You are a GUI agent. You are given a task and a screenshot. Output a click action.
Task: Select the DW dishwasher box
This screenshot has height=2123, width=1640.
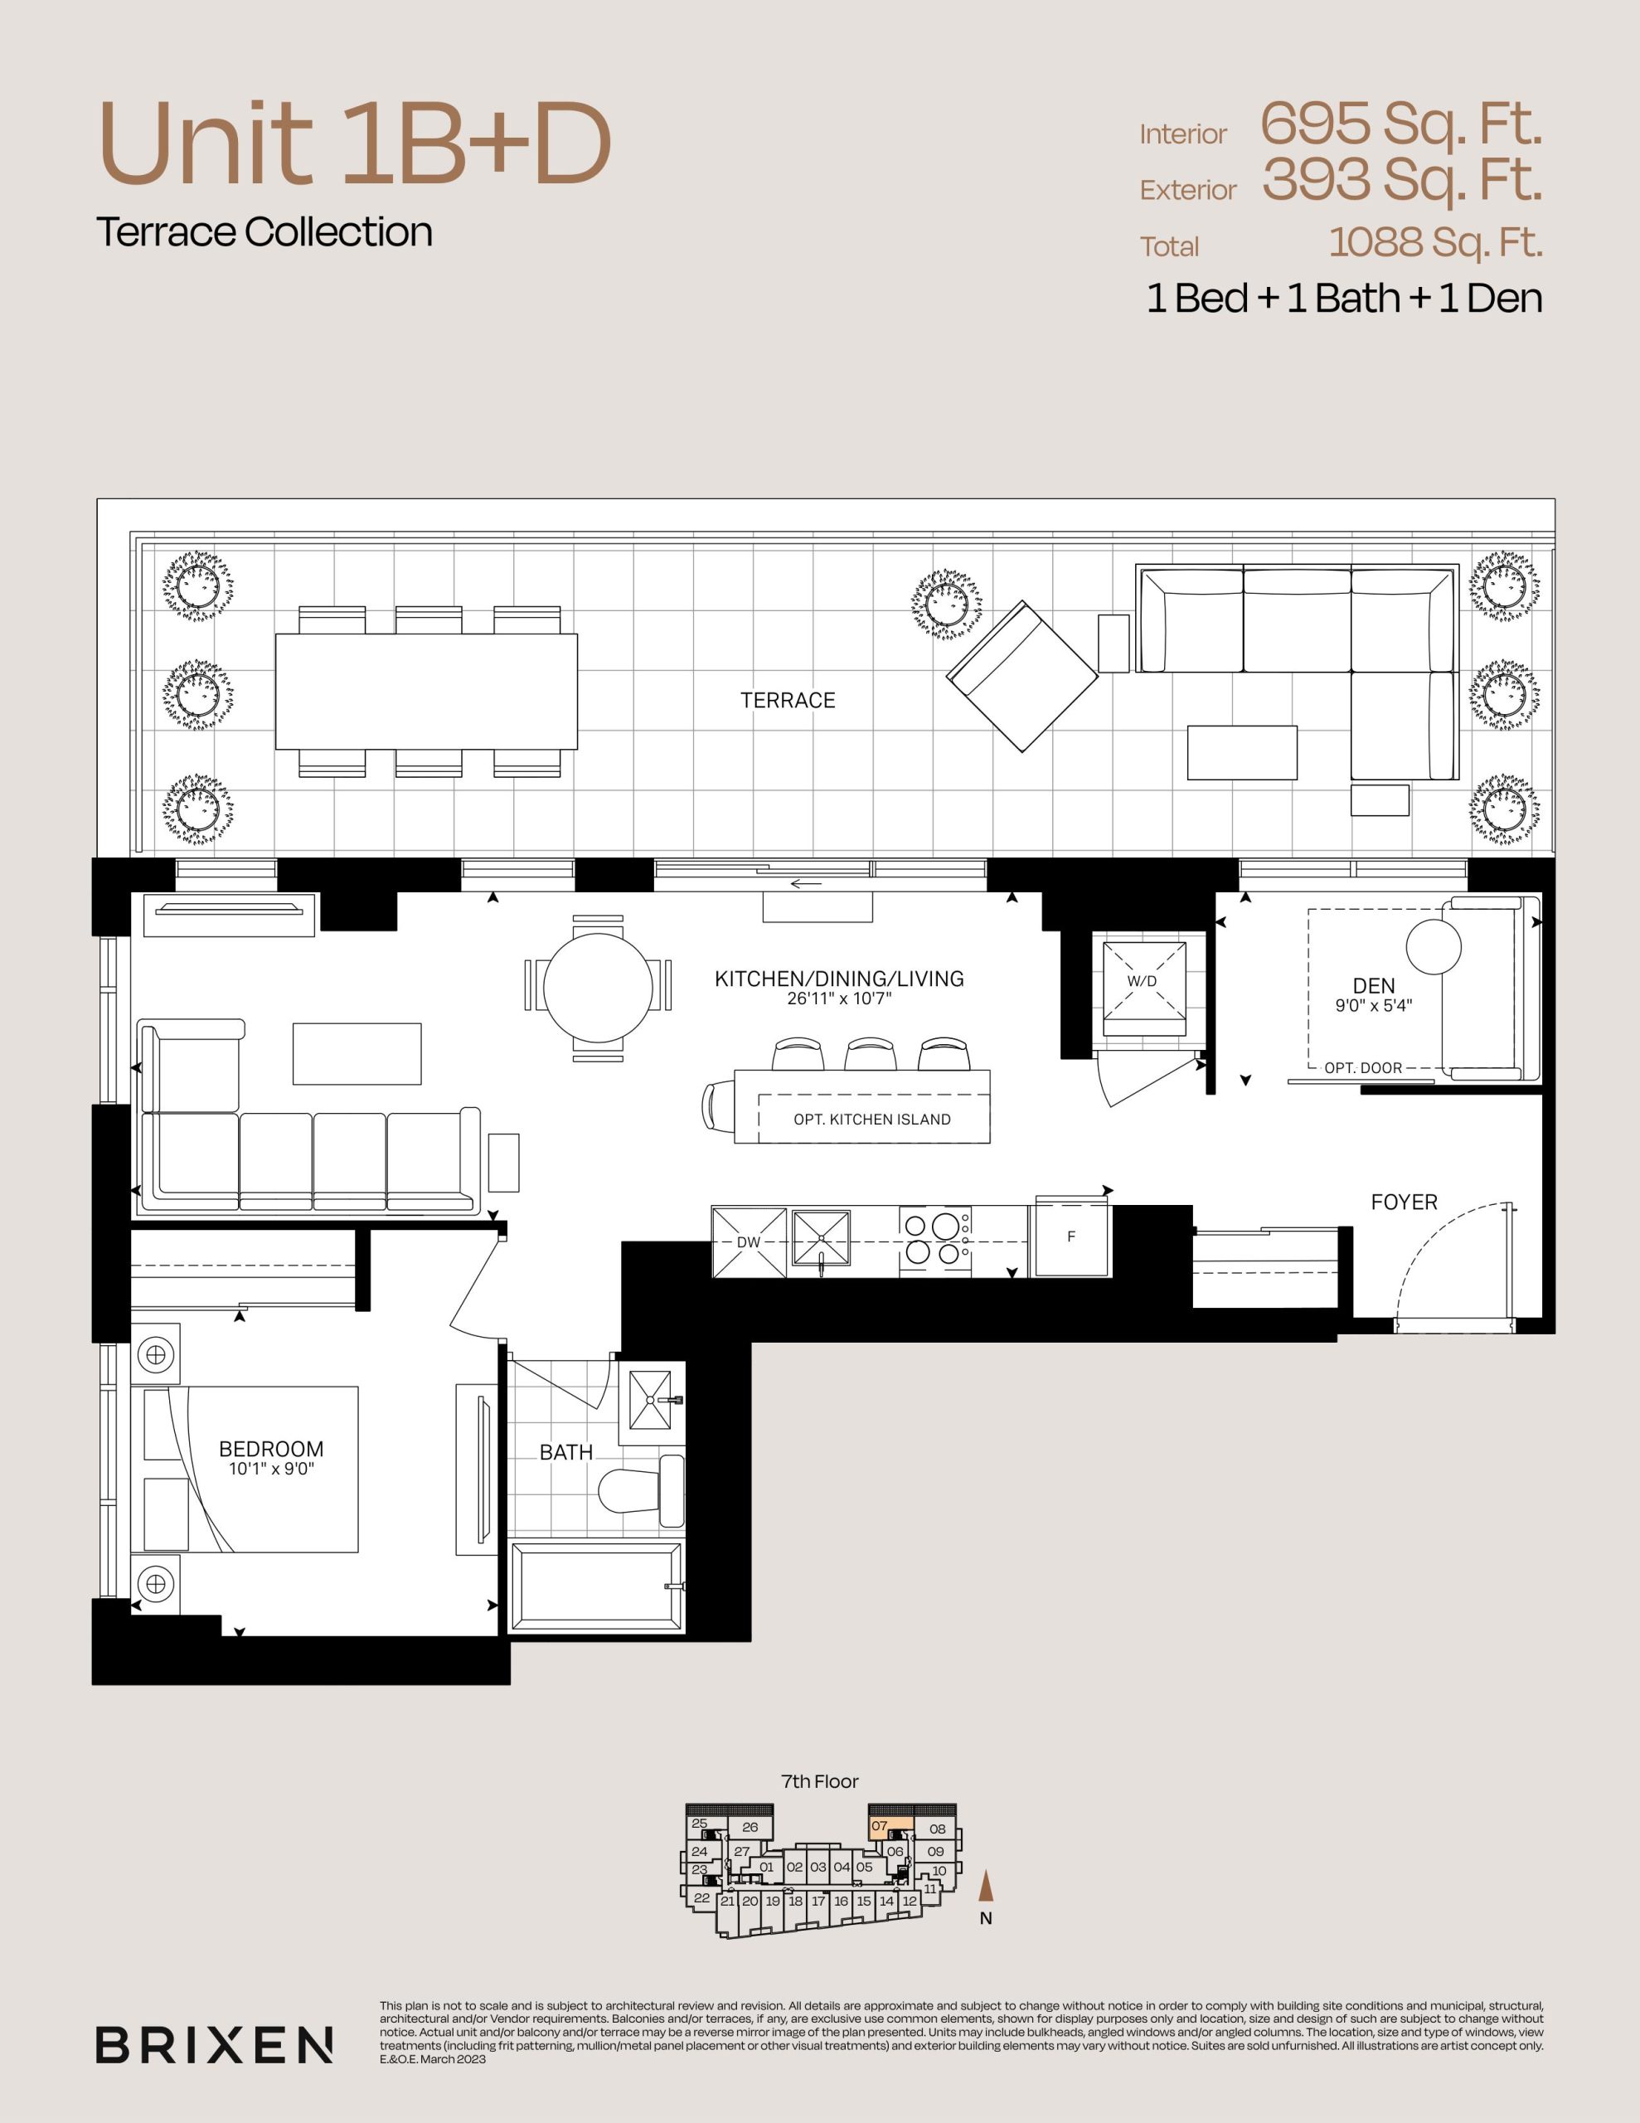click(749, 1241)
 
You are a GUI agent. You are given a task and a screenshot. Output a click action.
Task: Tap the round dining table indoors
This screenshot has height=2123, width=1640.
click(598, 988)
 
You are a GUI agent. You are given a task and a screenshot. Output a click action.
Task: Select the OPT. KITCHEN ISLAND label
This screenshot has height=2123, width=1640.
click(872, 1119)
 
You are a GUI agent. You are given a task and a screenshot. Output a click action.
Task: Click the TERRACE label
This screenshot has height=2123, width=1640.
click(788, 700)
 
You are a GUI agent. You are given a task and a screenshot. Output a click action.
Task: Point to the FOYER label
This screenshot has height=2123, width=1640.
click(1404, 1202)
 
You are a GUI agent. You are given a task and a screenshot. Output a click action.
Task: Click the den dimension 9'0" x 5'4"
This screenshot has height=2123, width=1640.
click(1374, 1006)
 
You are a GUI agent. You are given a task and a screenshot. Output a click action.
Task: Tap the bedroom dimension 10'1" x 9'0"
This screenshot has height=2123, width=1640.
click(271, 1469)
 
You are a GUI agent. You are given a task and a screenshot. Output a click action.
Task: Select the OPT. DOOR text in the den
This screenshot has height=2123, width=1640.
click(1363, 1067)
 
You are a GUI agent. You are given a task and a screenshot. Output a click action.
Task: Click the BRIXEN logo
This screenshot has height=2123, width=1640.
click(215, 2045)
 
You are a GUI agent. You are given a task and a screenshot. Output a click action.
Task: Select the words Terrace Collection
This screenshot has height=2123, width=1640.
click(264, 232)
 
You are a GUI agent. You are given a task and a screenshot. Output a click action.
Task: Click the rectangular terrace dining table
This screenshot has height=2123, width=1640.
click(426, 691)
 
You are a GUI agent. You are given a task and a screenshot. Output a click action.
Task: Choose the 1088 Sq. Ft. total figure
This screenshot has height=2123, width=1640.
click(1436, 243)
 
